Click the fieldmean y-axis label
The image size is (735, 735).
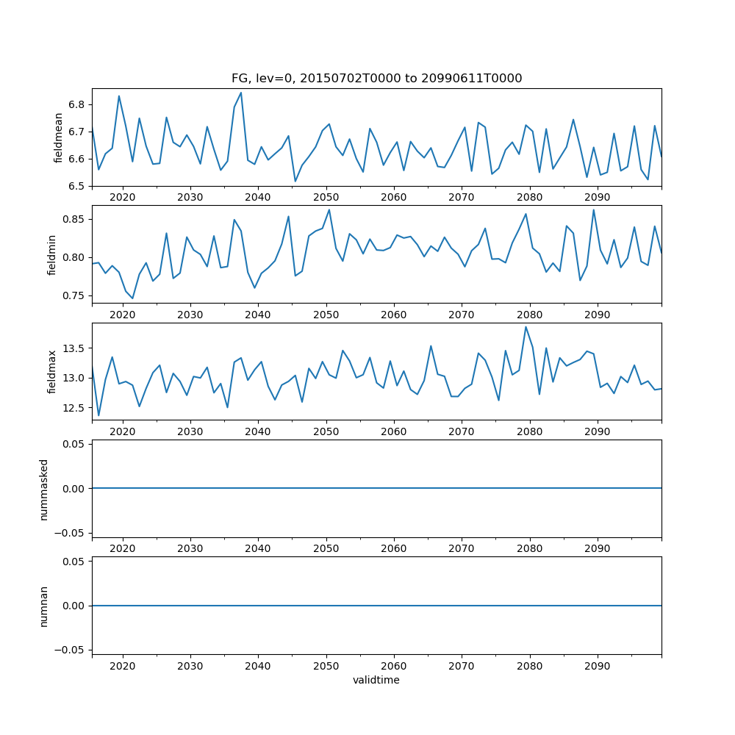(x=58, y=137)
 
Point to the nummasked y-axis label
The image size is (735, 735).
(x=44, y=489)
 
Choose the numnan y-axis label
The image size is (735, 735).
(x=44, y=606)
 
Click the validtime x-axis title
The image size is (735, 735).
(x=376, y=681)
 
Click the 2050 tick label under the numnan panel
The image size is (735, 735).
(x=326, y=666)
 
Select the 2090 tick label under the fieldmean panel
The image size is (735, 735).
(x=597, y=197)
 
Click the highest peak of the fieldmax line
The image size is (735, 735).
(x=526, y=327)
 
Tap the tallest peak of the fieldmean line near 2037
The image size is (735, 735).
(x=240, y=93)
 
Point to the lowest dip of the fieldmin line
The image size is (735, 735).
(x=132, y=298)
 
